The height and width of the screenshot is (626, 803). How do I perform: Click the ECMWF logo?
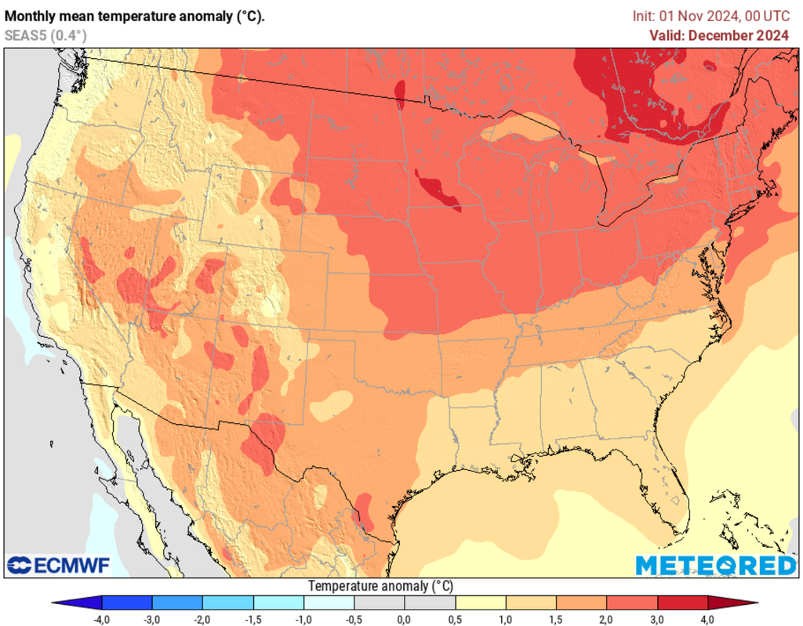[59, 565]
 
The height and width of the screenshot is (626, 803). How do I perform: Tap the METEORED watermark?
[715, 565]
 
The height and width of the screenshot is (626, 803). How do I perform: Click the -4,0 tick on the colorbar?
[101, 620]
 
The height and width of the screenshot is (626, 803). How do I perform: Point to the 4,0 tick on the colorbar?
[708, 620]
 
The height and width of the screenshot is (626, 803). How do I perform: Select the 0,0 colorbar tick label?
[405, 620]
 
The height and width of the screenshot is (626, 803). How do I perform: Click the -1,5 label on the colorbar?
[253, 620]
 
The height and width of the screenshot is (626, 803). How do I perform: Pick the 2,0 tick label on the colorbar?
[607, 620]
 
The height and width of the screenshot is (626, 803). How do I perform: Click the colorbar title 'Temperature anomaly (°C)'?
[380, 586]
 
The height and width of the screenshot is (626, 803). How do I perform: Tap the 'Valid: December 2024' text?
[718, 34]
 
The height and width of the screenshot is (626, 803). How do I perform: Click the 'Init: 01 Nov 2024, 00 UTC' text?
[710, 16]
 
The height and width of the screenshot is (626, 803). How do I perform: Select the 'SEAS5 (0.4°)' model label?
[45, 34]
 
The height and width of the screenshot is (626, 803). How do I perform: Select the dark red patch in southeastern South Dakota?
[437, 191]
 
